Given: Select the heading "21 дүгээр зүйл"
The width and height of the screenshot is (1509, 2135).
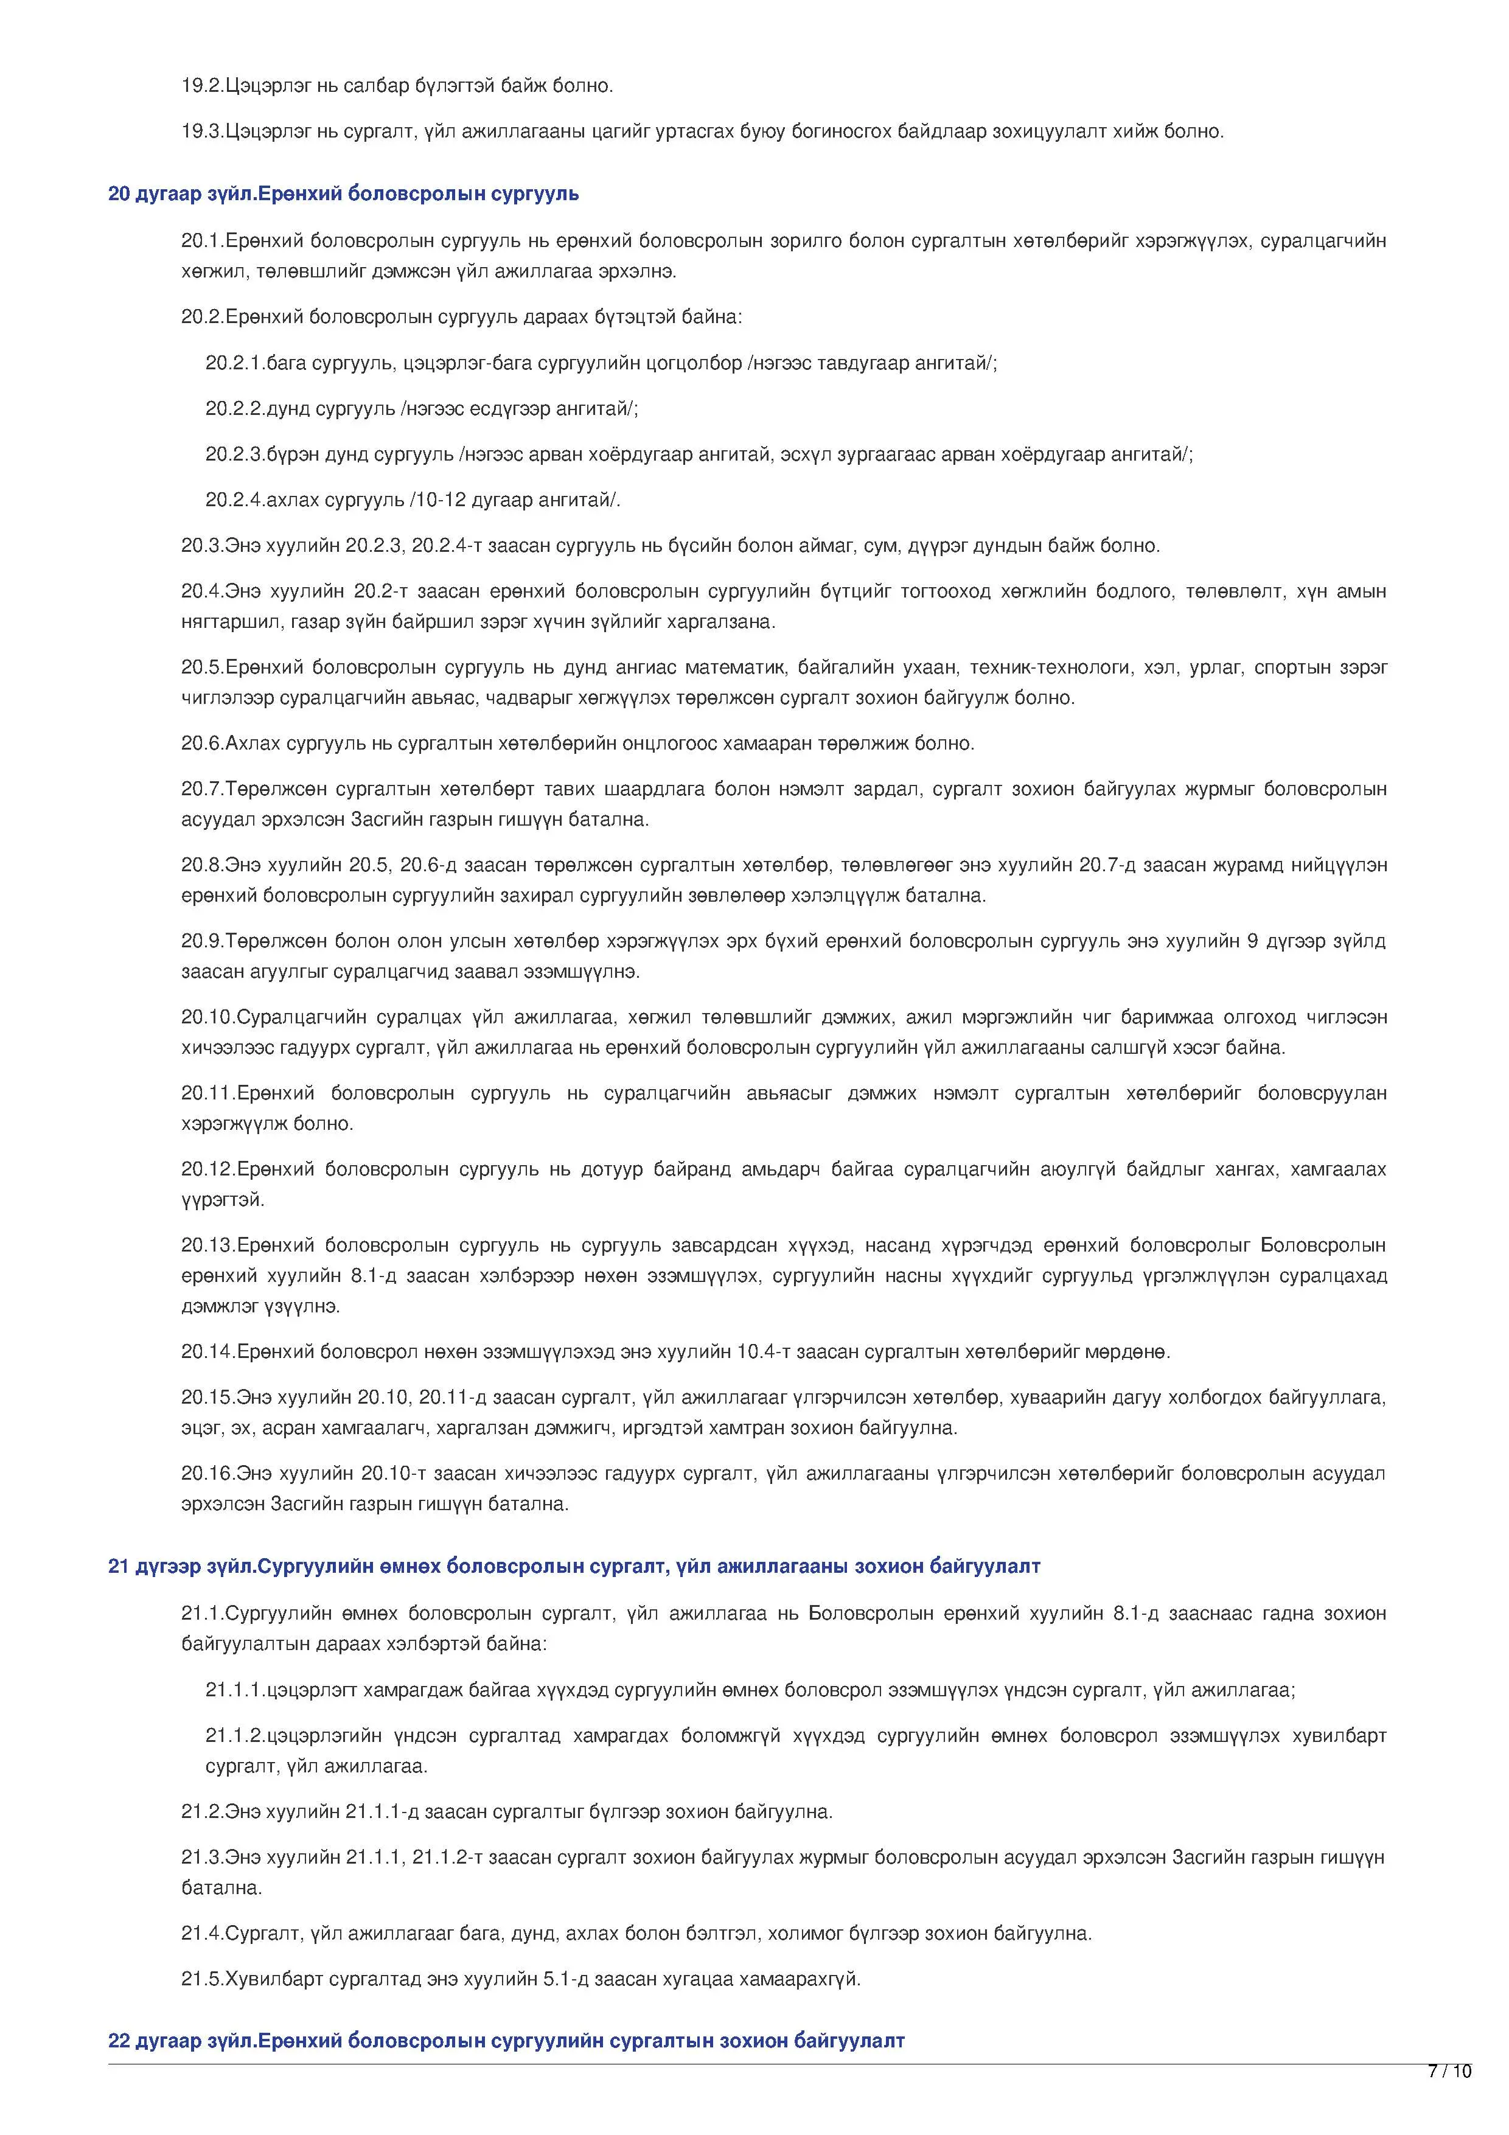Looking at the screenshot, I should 181,1566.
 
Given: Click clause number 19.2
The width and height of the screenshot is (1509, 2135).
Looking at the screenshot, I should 203,86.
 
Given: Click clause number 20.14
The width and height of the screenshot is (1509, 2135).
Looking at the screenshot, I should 208,1351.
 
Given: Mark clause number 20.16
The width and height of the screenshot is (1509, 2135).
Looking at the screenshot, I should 208,1473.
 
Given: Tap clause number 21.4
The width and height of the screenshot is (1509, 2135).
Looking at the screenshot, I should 203,1933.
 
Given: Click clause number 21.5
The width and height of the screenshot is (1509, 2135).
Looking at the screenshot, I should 203,1979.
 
